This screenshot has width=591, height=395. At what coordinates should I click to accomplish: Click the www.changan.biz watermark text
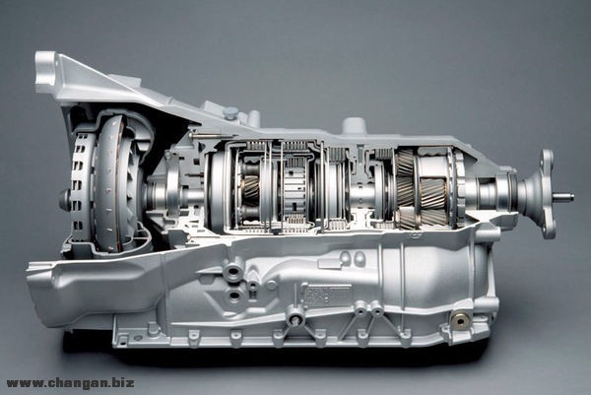click(x=70, y=383)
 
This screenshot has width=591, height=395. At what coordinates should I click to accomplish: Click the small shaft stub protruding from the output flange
click(x=563, y=197)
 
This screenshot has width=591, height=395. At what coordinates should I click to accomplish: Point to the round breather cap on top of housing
click(x=230, y=112)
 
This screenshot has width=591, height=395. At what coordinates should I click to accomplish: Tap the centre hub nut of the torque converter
click(x=64, y=199)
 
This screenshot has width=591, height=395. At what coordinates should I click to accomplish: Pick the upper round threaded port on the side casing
click(x=234, y=272)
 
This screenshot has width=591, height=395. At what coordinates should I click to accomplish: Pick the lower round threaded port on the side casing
click(x=234, y=296)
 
